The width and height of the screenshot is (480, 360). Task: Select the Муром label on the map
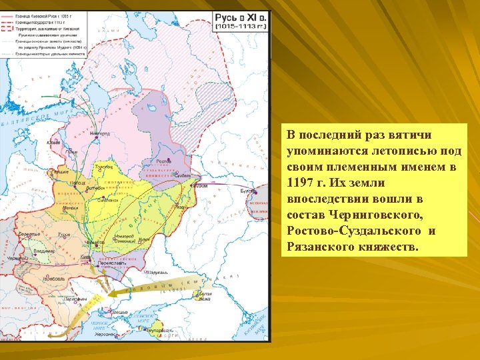[x=201, y=186]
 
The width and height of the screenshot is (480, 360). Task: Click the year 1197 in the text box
[x=301, y=183]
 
